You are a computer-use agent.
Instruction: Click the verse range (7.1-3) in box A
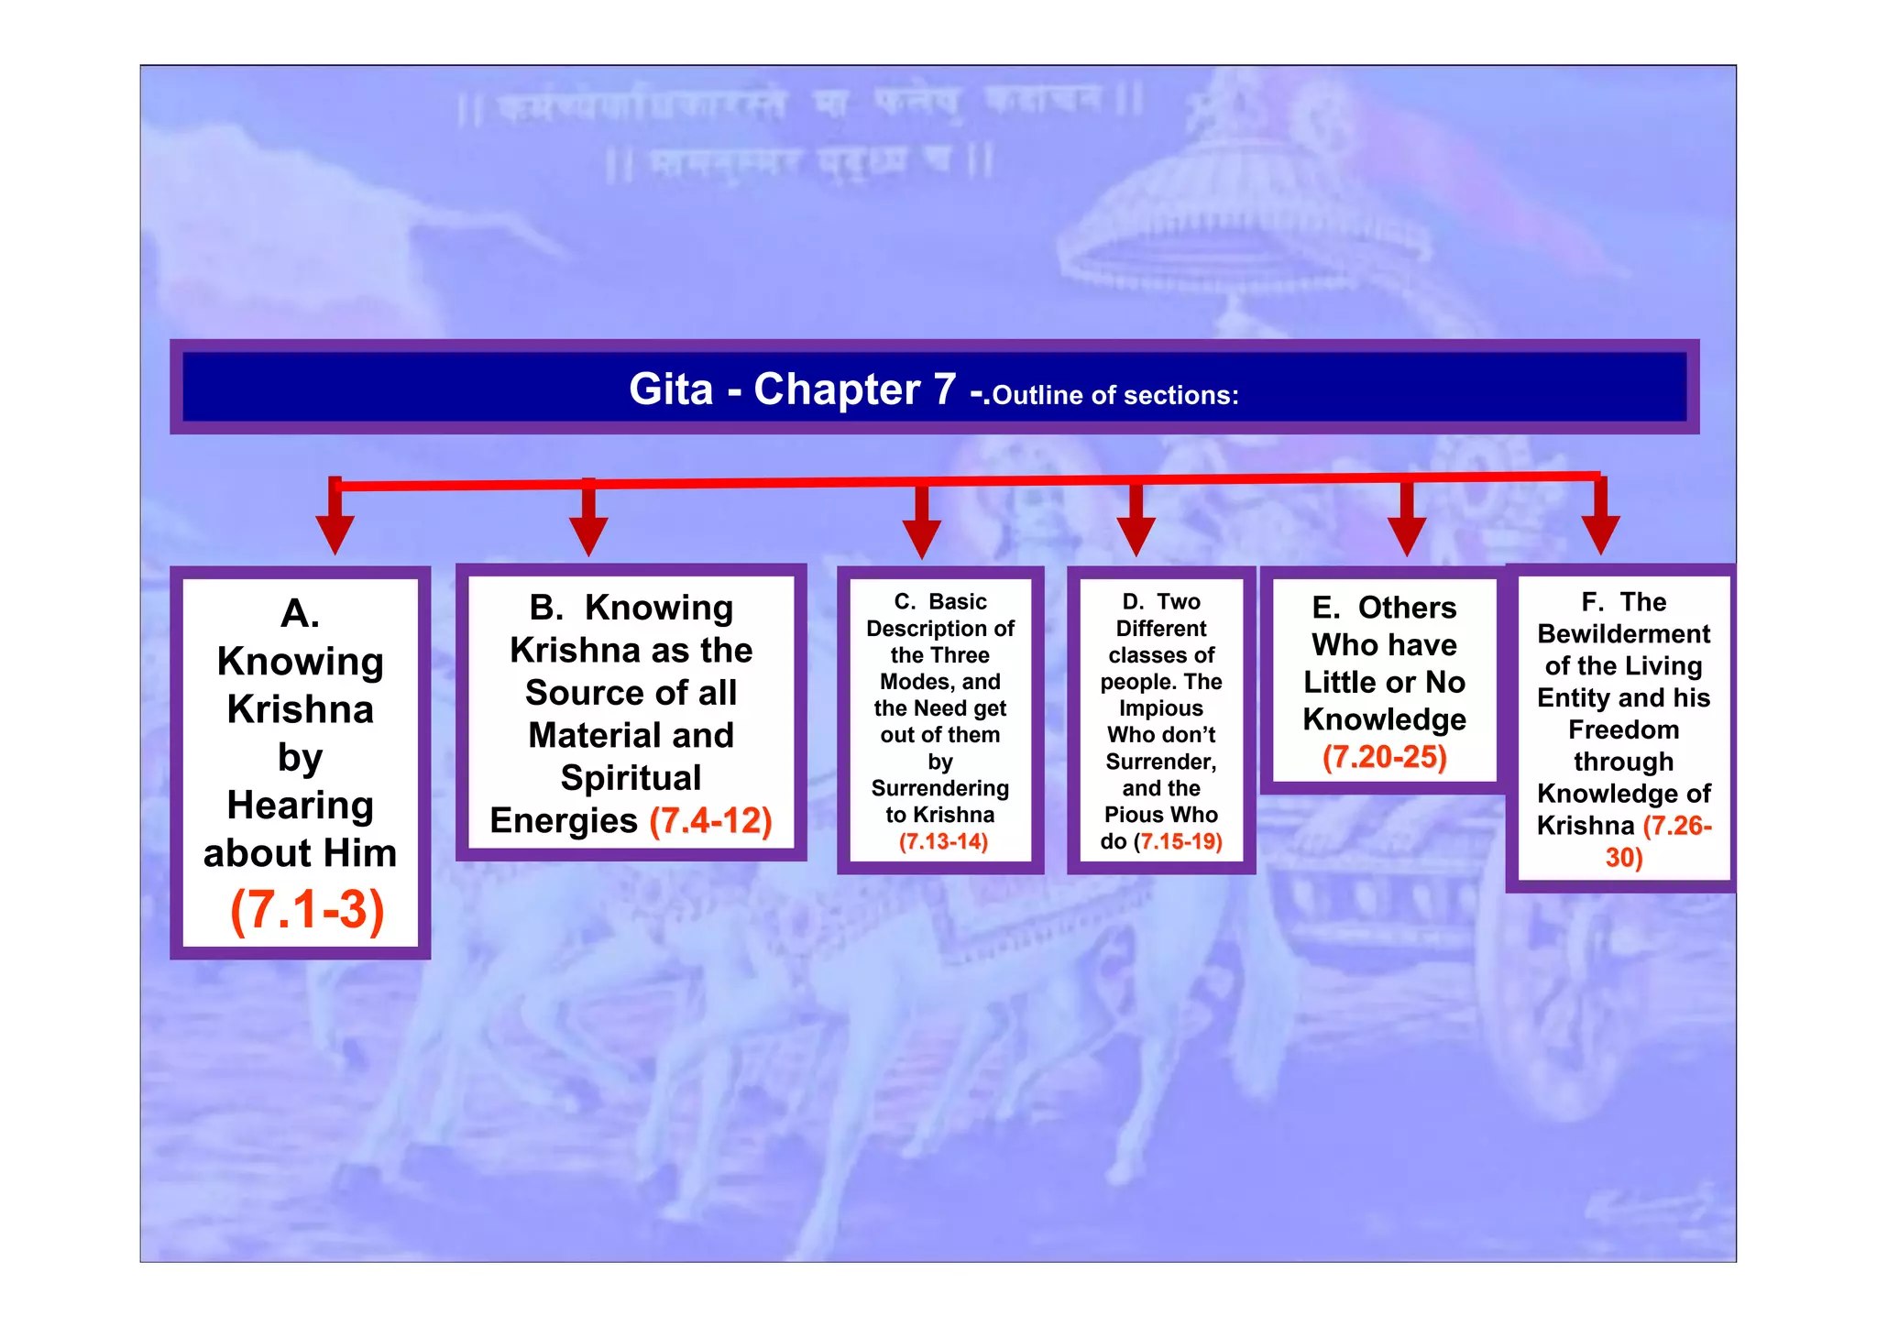pyautogui.click(x=307, y=910)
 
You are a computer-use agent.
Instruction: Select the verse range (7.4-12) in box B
pyautogui.click(x=711, y=820)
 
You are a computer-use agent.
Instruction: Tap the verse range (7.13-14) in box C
pyautogui.click(x=943, y=842)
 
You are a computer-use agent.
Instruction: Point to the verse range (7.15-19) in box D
pyautogui.click(x=1179, y=842)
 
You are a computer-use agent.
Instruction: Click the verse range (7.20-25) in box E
pyautogui.click(x=1384, y=757)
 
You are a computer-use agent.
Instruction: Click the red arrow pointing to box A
pyautogui.click(x=335, y=522)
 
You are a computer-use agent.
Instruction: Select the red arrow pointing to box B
pyautogui.click(x=588, y=523)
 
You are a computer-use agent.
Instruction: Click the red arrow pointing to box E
pyautogui.click(x=1407, y=523)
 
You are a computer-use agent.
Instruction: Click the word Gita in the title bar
pyautogui.click(x=671, y=389)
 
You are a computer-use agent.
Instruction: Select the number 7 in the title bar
pyautogui.click(x=945, y=389)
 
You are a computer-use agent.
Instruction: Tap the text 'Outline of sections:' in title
pyautogui.click(x=1115, y=396)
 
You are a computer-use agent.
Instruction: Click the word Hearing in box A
pyautogui.click(x=301, y=806)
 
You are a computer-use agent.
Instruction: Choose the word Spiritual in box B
pyautogui.click(x=631, y=778)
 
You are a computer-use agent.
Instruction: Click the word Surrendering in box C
pyautogui.click(x=940, y=788)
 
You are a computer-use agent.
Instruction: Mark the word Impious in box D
pyautogui.click(x=1160, y=708)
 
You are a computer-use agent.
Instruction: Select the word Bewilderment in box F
pyautogui.click(x=1623, y=634)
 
